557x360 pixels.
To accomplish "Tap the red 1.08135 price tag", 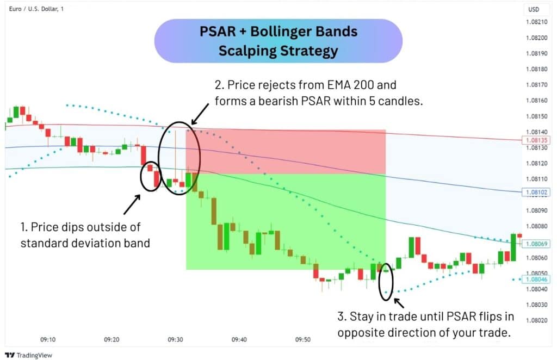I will tap(535, 140).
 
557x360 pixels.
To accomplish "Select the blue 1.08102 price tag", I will tap(535, 192).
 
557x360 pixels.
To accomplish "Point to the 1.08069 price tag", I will tap(535, 244).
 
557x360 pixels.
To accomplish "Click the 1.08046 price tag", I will tap(535, 280).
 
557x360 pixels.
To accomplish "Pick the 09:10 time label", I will tap(48, 339).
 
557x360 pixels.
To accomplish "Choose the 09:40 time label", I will tap(239, 339).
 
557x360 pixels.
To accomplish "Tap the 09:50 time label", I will tap(303, 339).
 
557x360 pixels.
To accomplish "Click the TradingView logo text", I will tap(28, 355).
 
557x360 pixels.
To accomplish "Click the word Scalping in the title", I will tap(249, 51).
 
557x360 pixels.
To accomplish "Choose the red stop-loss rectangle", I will tap(286, 152).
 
